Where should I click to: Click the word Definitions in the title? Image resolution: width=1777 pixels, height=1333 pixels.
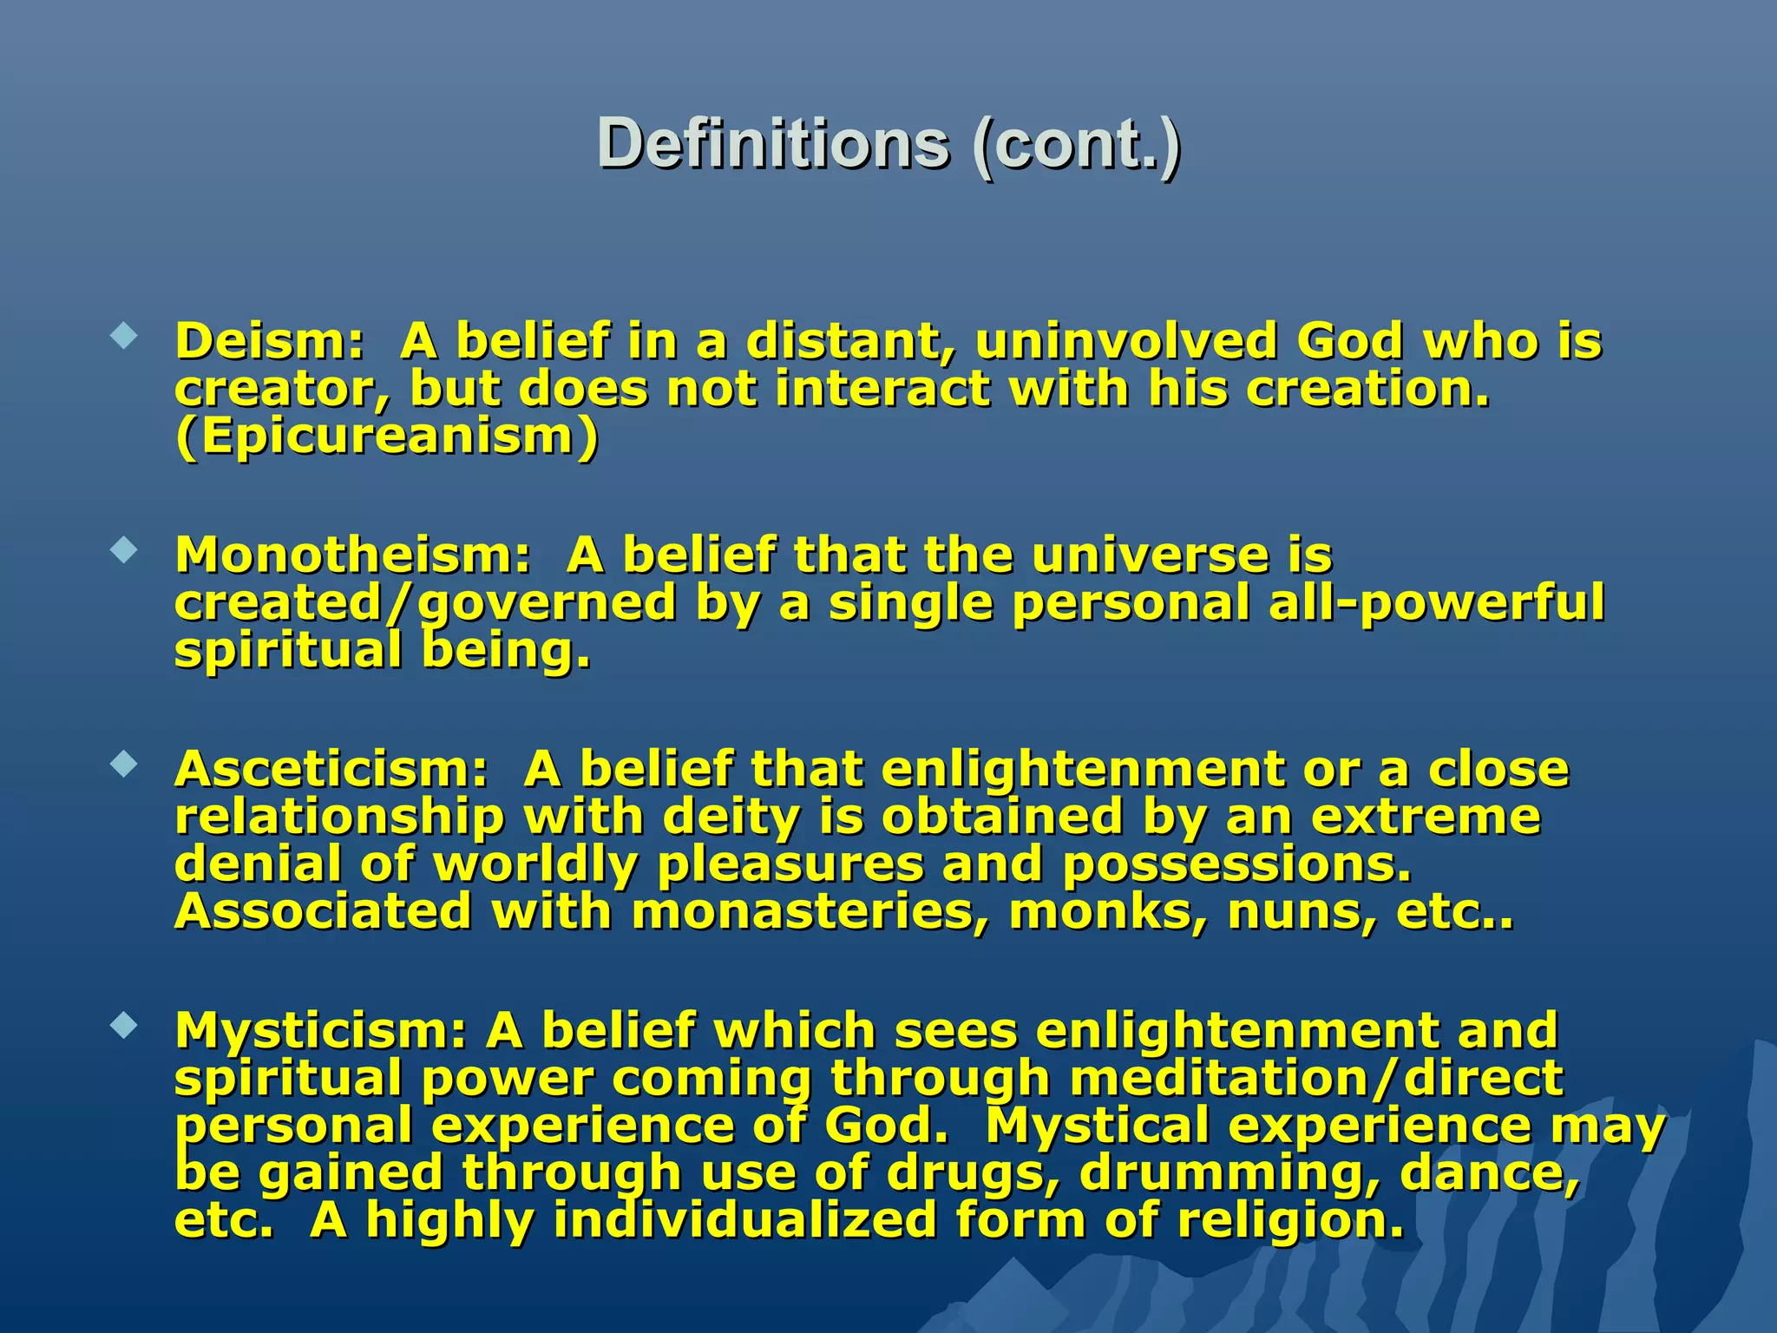click(773, 144)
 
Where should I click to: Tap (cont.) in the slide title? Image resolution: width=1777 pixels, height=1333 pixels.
click(1076, 144)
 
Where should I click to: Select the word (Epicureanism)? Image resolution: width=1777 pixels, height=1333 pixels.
click(387, 437)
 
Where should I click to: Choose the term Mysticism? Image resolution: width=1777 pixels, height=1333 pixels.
click(321, 1031)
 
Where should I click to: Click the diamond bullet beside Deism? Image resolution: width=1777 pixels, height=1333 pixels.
click(125, 336)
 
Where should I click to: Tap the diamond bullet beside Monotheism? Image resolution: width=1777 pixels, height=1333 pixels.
click(125, 550)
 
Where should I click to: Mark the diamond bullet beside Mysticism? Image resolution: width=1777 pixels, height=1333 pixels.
click(125, 1026)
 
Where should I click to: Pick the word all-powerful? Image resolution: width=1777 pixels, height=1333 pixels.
click(1436, 603)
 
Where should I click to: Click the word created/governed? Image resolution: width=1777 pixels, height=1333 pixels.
click(424, 603)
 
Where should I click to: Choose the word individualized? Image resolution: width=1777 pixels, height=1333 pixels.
click(744, 1220)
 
